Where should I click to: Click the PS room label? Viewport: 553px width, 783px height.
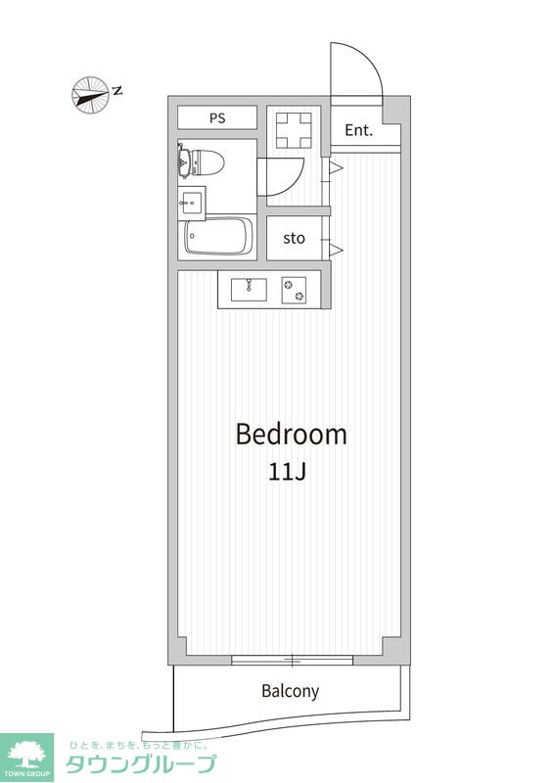[217, 118]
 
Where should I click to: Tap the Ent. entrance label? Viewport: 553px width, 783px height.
[358, 130]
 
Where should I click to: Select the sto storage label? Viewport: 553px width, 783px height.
[294, 238]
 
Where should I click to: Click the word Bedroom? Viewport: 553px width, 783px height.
[292, 435]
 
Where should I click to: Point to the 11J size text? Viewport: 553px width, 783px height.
[287, 472]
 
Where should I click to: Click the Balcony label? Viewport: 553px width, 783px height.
[291, 691]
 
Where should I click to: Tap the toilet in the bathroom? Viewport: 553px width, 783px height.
[201, 161]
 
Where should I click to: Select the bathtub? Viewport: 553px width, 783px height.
[218, 236]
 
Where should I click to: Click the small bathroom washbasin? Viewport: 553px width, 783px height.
[191, 203]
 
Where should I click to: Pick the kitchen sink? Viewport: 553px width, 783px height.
[249, 289]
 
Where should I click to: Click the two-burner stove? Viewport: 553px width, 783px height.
[294, 290]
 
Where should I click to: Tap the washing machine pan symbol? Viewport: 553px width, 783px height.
[294, 130]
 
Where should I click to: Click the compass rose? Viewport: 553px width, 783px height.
[90, 94]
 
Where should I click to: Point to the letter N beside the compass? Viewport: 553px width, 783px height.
[117, 90]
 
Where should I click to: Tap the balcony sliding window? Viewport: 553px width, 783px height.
[293, 660]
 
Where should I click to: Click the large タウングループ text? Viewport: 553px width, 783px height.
[141, 764]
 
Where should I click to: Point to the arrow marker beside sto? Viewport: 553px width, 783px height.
[336, 250]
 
